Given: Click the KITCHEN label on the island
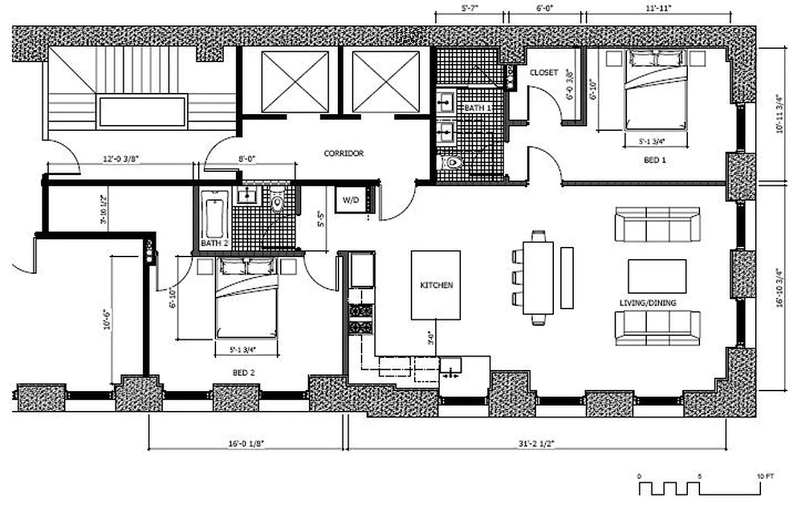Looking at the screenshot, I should click(437, 285).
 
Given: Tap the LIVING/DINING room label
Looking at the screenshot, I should click(647, 303).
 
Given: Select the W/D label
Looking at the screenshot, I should click(351, 200).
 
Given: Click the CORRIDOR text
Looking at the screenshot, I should click(344, 153).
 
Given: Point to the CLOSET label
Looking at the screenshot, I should click(544, 72).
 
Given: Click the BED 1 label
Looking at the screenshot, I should click(655, 160).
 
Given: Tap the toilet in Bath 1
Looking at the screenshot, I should click(452, 163).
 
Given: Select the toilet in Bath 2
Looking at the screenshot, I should click(277, 202).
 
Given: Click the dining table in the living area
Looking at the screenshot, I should click(538, 277).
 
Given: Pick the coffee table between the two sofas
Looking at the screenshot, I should click(656, 276).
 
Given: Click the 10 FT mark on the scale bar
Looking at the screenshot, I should click(765, 476).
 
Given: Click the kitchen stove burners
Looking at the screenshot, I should click(360, 319).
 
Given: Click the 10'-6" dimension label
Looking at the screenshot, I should click(107, 320).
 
